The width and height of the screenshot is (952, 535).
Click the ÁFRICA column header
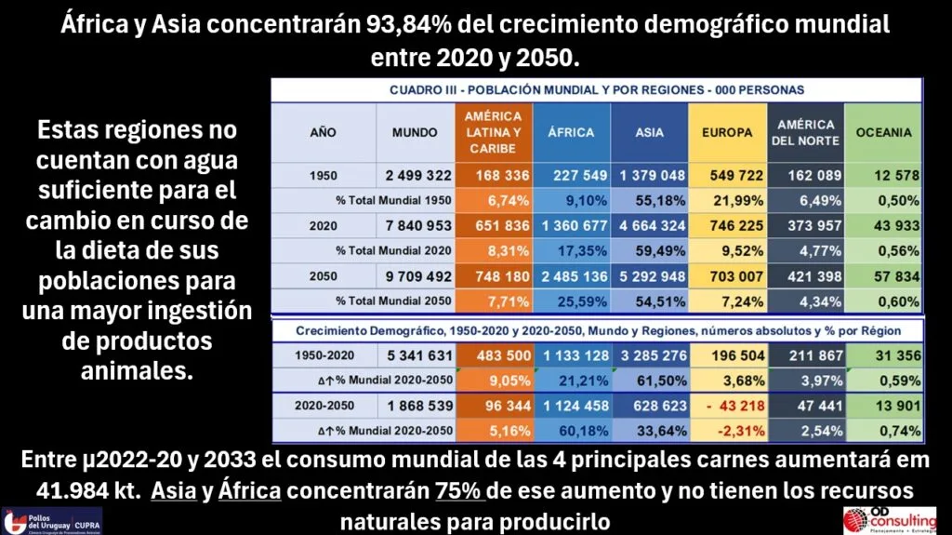pyautogui.click(x=571, y=132)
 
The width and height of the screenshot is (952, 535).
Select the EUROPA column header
pyautogui.click(x=727, y=132)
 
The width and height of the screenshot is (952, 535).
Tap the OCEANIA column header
pyautogui.click(x=883, y=132)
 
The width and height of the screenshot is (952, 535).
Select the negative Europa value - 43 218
pyautogui.click(x=727, y=407)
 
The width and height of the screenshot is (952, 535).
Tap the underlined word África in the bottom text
pyautogui.click(x=249, y=490)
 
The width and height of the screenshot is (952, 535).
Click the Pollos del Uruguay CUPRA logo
pyautogui.click(x=52, y=520)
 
